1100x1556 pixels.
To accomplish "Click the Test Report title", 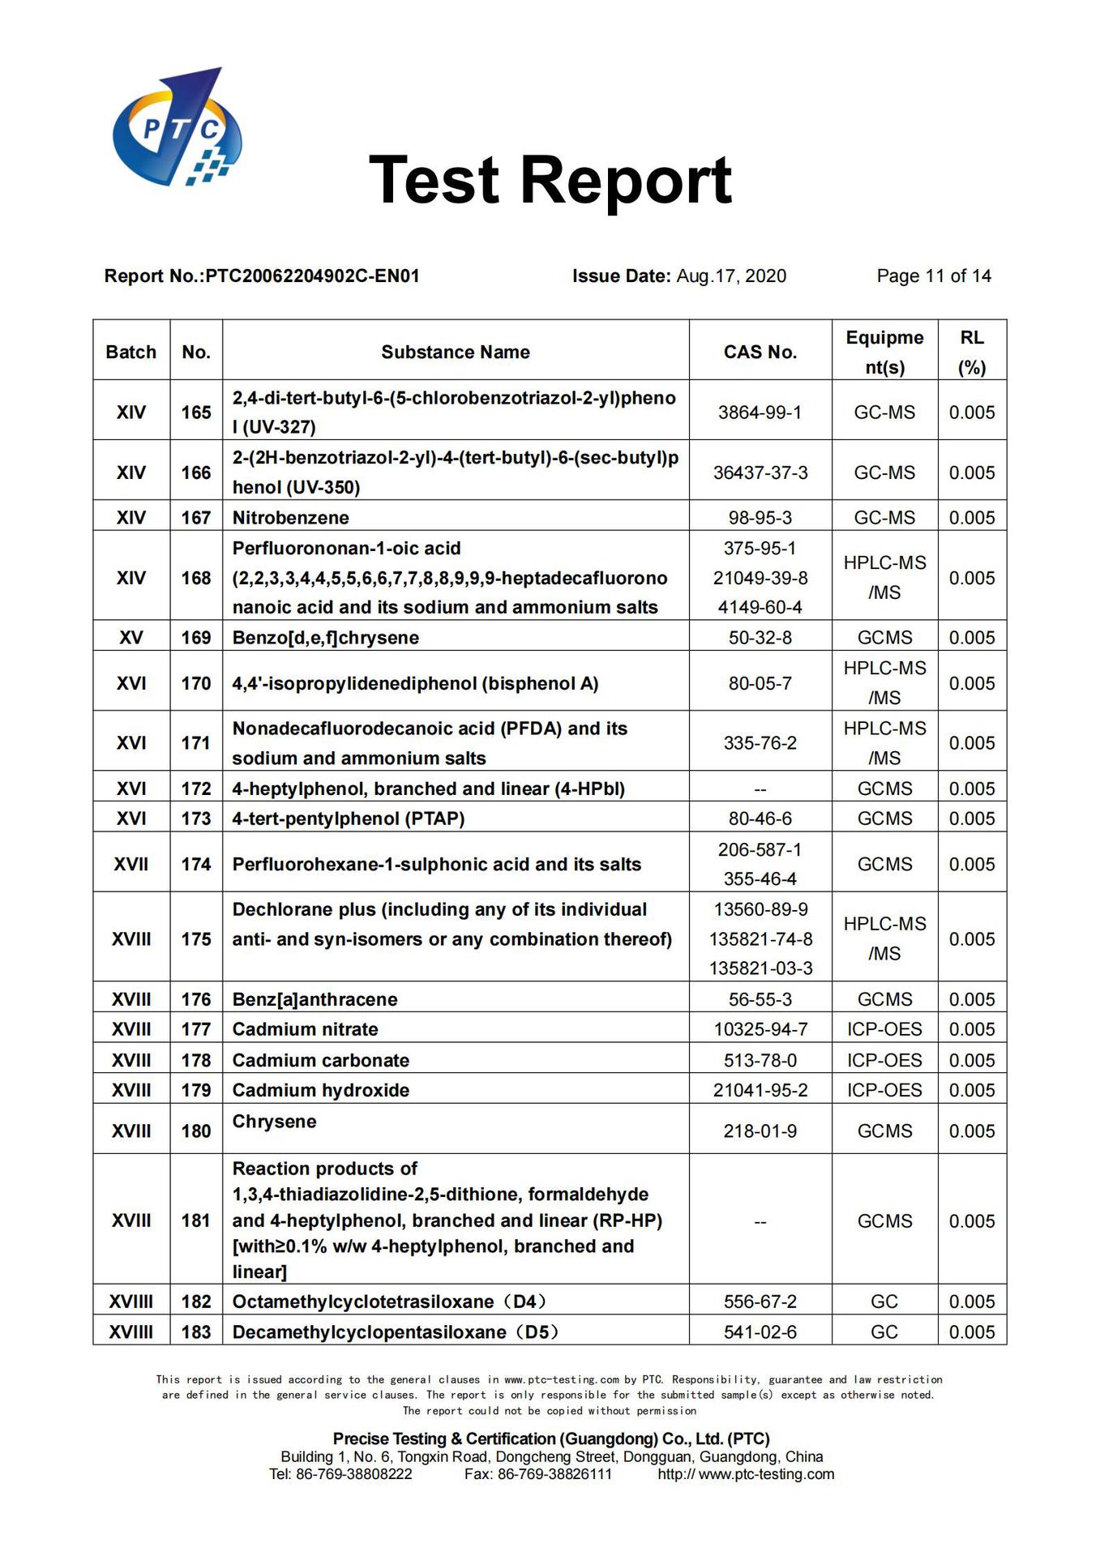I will tap(550, 180).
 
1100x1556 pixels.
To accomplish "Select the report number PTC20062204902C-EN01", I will tap(312, 276).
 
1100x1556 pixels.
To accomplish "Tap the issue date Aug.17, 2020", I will tap(730, 276).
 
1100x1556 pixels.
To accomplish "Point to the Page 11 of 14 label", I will tap(933, 276).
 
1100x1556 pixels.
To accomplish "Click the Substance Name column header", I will tap(455, 353).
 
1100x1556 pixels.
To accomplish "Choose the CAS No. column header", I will tap(760, 353).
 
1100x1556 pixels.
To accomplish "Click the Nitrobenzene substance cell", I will tap(291, 518).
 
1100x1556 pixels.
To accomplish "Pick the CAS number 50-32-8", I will tap(760, 638).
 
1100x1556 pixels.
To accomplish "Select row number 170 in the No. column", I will tap(196, 683).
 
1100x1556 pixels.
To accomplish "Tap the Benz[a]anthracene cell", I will tap(315, 999).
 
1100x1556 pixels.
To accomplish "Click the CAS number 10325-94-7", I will tap(760, 1029).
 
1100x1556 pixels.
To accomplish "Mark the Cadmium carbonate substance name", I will tap(321, 1060).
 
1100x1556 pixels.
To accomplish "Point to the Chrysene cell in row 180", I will tap(274, 1122).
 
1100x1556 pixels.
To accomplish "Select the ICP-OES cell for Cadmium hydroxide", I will tap(884, 1090).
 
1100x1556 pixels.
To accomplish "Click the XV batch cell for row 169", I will tap(131, 638).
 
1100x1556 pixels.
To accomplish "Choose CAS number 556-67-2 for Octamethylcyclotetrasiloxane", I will tap(760, 1302).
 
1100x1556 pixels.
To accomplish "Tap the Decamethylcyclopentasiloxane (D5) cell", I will tap(395, 1332).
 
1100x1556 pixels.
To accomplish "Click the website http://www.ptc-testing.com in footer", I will tap(746, 1474).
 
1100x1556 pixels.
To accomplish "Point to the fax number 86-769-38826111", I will tap(554, 1474).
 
